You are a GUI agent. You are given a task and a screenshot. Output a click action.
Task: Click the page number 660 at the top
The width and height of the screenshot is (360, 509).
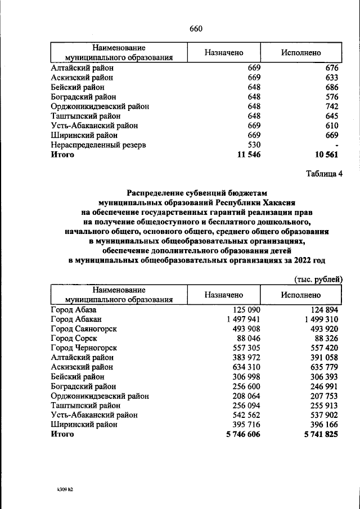196,29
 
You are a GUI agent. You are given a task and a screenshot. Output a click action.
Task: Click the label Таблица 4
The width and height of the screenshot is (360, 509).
324,173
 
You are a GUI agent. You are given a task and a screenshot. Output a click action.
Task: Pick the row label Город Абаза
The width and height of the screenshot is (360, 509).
74,310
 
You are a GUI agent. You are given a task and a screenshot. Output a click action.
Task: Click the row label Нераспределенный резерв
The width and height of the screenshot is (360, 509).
98,145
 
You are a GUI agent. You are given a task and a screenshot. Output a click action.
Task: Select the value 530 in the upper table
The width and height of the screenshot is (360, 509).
254,145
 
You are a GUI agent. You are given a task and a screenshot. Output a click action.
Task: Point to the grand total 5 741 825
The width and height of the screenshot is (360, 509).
318,435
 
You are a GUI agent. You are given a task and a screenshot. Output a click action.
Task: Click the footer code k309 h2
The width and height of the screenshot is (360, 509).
61,489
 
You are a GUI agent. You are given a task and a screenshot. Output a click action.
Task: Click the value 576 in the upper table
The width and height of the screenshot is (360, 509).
331,97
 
